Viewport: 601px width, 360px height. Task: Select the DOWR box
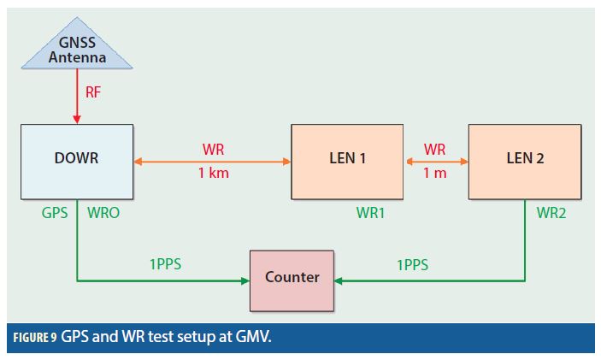(x=77, y=159)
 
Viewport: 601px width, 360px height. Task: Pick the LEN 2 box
(x=525, y=159)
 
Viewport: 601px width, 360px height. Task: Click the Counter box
(x=292, y=277)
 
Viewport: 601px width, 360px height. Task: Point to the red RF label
(x=93, y=92)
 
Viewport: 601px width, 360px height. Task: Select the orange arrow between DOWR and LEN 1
(x=213, y=160)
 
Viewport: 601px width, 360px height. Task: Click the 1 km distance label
(x=214, y=174)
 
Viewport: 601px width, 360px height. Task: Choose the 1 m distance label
(x=435, y=174)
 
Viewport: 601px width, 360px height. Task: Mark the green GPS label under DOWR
(x=54, y=213)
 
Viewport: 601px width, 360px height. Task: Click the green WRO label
(x=103, y=213)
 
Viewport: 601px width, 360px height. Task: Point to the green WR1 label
(x=370, y=213)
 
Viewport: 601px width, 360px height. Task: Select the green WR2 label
(x=551, y=213)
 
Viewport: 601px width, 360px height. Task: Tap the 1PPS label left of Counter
(x=165, y=264)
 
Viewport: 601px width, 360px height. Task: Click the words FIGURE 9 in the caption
(x=35, y=336)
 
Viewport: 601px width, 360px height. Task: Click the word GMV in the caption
(x=253, y=336)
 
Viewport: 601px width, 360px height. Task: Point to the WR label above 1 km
(x=214, y=149)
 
